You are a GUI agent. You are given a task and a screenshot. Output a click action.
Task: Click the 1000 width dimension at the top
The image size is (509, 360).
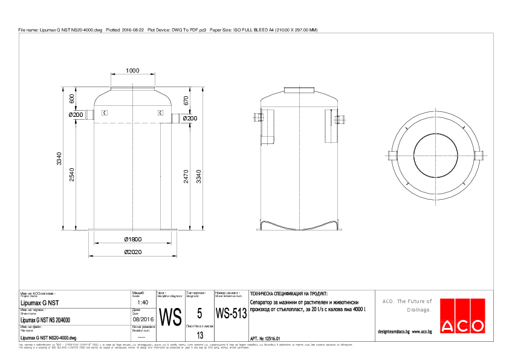point(132,71)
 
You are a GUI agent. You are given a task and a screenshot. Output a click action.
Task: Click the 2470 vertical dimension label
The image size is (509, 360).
point(186,176)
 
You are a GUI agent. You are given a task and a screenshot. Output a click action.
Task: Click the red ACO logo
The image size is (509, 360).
point(462,316)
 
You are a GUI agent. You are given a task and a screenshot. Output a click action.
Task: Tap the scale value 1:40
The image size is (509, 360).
point(143,302)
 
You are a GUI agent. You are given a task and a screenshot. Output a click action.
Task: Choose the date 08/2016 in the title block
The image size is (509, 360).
point(144,319)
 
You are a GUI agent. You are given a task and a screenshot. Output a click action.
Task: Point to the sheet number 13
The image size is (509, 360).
point(200,335)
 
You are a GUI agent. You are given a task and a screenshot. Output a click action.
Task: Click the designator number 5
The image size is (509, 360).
point(199,313)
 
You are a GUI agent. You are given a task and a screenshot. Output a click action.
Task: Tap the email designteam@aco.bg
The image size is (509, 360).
point(394,332)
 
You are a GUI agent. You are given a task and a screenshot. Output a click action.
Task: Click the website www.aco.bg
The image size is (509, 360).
point(421,332)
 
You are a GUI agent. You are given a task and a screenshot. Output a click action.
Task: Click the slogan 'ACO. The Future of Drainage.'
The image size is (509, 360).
point(407,305)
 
